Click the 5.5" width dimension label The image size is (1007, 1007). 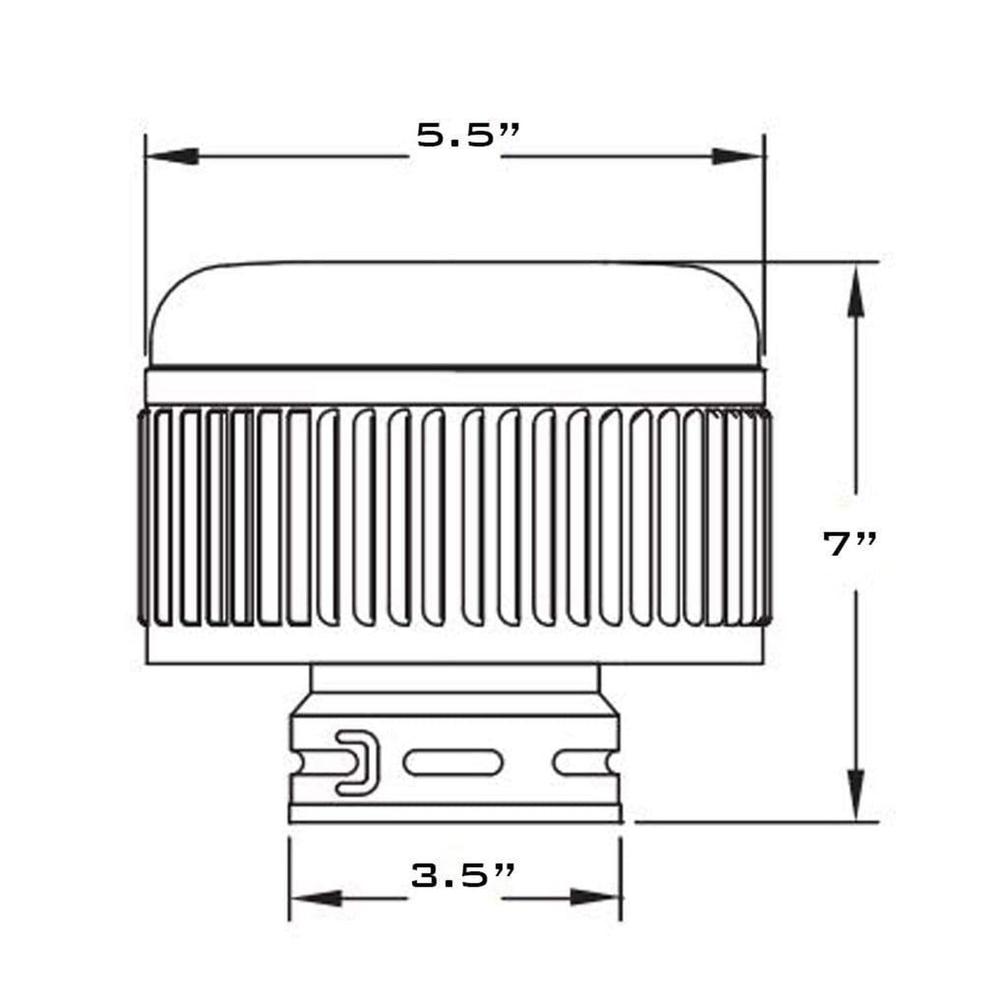[x=468, y=134]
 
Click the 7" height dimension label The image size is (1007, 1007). [x=849, y=544]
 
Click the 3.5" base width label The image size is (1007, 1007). [x=463, y=875]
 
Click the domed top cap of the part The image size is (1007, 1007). [x=456, y=314]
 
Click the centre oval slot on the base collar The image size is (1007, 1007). [x=453, y=762]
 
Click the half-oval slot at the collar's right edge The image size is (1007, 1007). [x=585, y=762]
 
